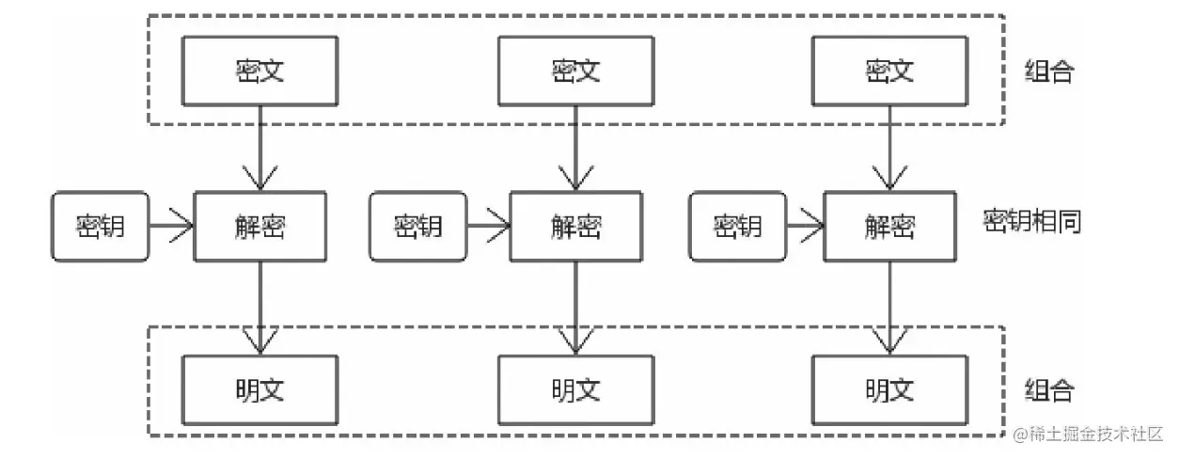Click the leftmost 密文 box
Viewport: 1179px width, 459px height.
click(259, 71)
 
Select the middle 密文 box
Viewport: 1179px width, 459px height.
click(575, 71)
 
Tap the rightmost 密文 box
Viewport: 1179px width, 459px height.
click(888, 71)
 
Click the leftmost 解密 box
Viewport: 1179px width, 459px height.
click(259, 226)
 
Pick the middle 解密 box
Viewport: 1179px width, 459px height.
click(575, 226)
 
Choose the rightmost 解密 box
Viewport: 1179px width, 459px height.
click(888, 226)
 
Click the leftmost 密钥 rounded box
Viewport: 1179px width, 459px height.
click(101, 226)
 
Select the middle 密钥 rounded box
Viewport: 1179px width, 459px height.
click(417, 226)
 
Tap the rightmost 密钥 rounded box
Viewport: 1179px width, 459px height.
click(737, 226)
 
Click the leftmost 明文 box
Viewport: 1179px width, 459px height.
click(259, 389)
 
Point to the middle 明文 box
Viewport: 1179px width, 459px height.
click(575, 389)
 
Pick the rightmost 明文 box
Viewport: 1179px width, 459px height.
click(888, 389)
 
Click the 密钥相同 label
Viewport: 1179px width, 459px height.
click(1031, 222)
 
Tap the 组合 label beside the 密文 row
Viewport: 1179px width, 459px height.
click(1048, 72)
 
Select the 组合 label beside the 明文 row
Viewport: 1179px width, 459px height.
click(1048, 390)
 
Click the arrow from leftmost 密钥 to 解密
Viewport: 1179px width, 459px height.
click(171, 226)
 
